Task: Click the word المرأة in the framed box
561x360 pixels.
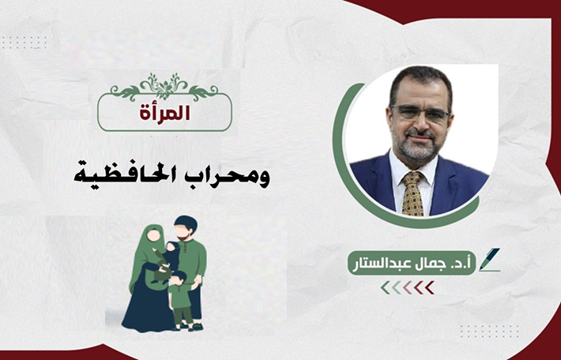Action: tap(164, 113)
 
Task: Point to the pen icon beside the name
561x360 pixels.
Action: tap(489, 260)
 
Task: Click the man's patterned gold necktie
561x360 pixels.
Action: tap(413, 193)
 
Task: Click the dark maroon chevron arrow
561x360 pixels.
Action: tap(430, 288)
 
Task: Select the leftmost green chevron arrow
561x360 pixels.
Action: tap(386, 288)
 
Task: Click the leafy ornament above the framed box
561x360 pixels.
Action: tap(164, 87)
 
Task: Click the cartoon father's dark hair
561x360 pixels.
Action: tap(186, 223)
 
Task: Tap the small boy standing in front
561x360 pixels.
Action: tap(180, 300)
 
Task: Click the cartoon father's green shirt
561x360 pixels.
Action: tap(192, 261)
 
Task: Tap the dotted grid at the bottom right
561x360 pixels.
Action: tap(489, 332)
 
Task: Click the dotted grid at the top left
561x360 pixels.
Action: tap(24, 43)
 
